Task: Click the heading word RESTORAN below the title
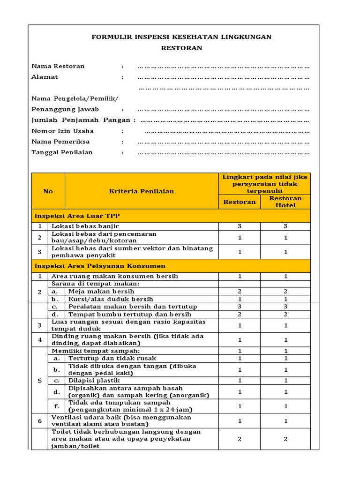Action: click(181, 48)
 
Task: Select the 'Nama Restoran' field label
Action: click(58, 66)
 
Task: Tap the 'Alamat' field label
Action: click(45, 77)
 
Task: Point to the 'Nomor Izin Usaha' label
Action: click(62, 131)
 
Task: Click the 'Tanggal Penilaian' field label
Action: click(62, 152)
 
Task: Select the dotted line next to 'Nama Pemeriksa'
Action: click(223, 142)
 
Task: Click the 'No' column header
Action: click(48, 191)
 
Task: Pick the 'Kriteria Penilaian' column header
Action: click(142, 191)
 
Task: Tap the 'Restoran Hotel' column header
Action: click(285, 202)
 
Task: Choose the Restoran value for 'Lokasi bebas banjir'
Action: click(239, 226)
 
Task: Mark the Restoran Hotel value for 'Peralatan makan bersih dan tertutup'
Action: click(285, 307)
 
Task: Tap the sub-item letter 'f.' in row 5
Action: click(56, 406)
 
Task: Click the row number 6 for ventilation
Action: click(40, 421)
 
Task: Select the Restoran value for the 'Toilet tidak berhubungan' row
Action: click(239, 439)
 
